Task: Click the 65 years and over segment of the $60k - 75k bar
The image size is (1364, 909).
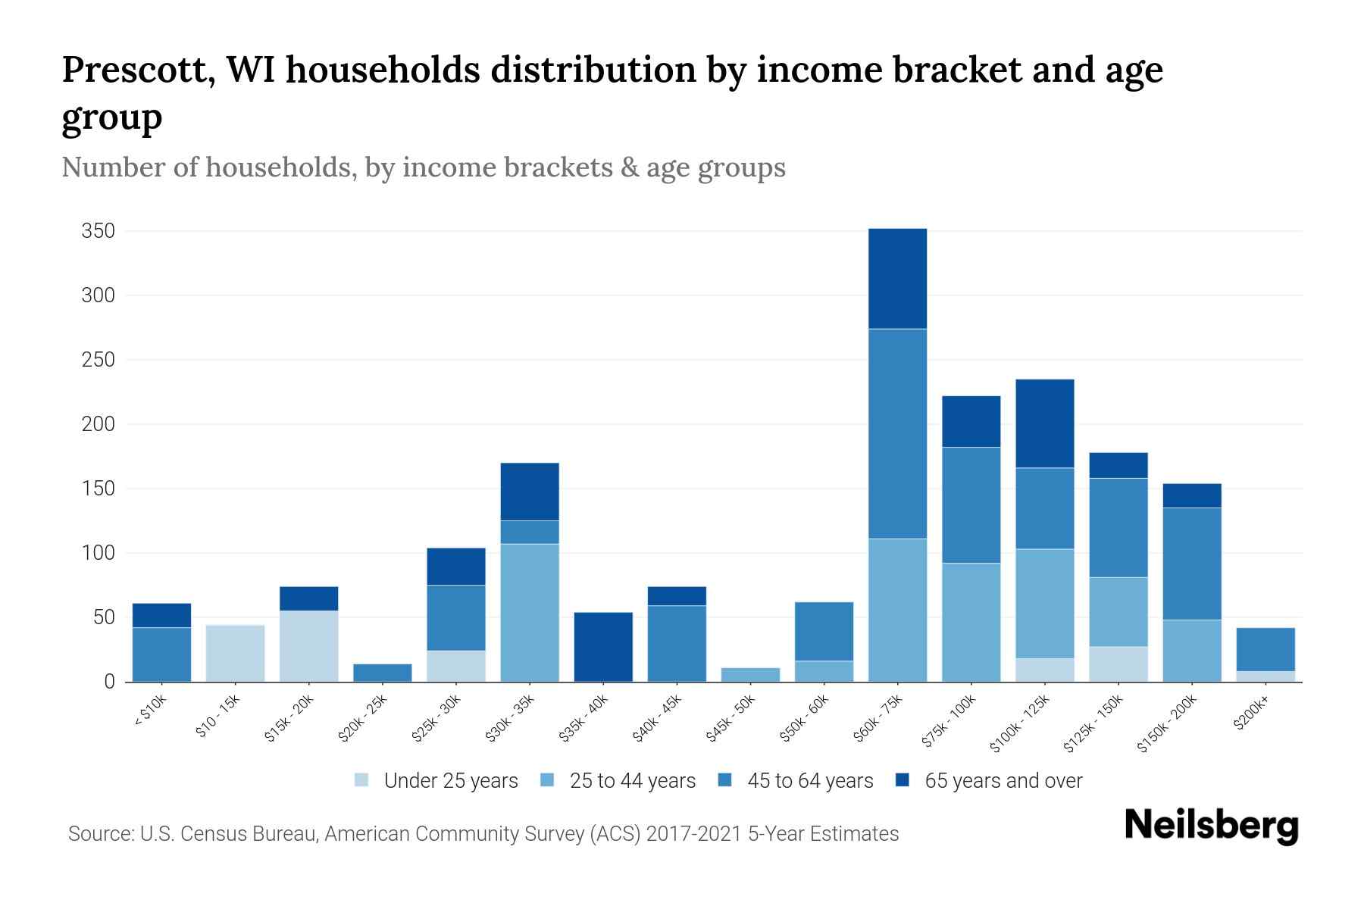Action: pyautogui.click(x=897, y=278)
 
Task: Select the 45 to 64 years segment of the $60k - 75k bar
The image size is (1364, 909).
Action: pyautogui.click(x=897, y=433)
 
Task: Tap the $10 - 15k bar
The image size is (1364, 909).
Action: pyautogui.click(x=235, y=653)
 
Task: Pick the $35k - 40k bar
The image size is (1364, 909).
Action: pyautogui.click(x=603, y=647)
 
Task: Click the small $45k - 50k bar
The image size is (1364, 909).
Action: pyautogui.click(x=750, y=674)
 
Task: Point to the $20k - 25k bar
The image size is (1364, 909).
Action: pyautogui.click(x=383, y=673)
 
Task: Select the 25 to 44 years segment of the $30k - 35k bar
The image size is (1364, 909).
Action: pyautogui.click(x=530, y=612)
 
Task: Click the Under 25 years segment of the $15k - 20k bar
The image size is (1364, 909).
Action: pyautogui.click(x=308, y=645)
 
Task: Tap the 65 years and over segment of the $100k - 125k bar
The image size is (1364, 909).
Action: pyautogui.click(x=1044, y=423)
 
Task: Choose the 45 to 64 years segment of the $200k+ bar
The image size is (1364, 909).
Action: pyautogui.click(x=1265, y=649)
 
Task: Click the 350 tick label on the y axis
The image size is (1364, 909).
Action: pyautogui.click(x=98, y=231)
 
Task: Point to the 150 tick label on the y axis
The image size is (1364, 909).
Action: pyautogui.click(x=98, y=489)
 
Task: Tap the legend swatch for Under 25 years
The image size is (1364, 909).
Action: pyautogui.click(x=361, y=780)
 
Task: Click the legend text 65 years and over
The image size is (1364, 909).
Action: pyautogui.click(x=1003, y=781)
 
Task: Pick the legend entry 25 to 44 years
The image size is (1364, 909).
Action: pyautogui.click(x=632, y=781)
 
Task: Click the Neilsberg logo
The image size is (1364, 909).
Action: pyautogui.click(x=1211, y=826)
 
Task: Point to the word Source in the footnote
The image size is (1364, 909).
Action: pyautogui.click(x=100, y=834)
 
